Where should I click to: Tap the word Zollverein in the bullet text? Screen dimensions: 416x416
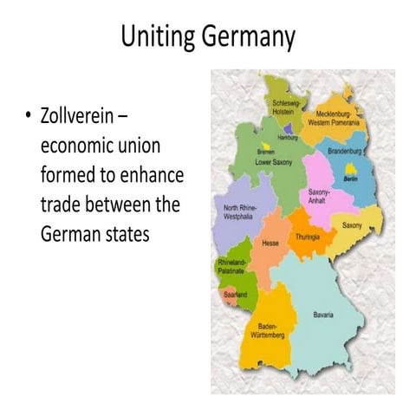point(79,116)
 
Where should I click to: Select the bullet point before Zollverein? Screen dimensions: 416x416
point(29,116)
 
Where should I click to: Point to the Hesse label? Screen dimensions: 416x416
point(270,244)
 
